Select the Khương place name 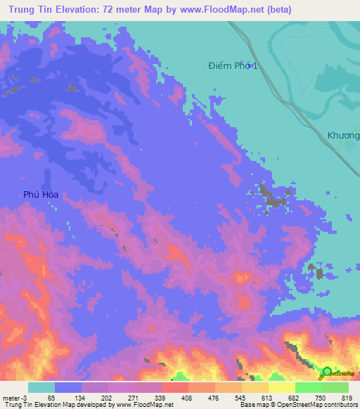343,134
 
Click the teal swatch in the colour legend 41,387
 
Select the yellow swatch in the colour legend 281,387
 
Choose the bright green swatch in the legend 308,387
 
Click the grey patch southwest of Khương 269,197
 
